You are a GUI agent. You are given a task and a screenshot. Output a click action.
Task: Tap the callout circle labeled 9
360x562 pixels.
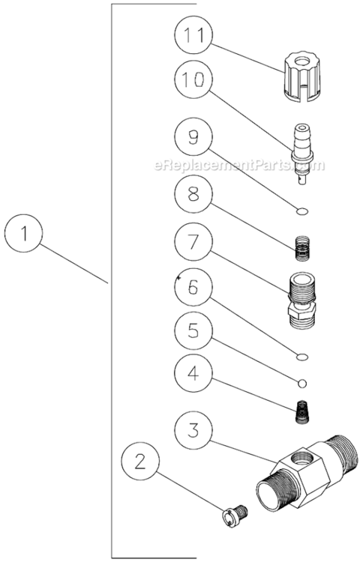coord(193,136)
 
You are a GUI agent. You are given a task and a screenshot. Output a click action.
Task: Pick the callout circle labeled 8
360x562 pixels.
coord(193,193)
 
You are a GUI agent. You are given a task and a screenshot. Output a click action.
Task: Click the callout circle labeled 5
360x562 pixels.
coord(193,331)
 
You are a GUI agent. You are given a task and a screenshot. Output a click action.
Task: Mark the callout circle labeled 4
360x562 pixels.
coord(193,373)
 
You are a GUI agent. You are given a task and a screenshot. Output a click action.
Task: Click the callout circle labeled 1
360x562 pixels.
coord(25,233)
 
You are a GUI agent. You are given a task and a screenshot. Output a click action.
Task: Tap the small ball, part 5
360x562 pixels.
coord(301,383)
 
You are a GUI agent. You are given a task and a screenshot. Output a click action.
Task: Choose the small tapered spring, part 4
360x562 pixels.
coord(301,411)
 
